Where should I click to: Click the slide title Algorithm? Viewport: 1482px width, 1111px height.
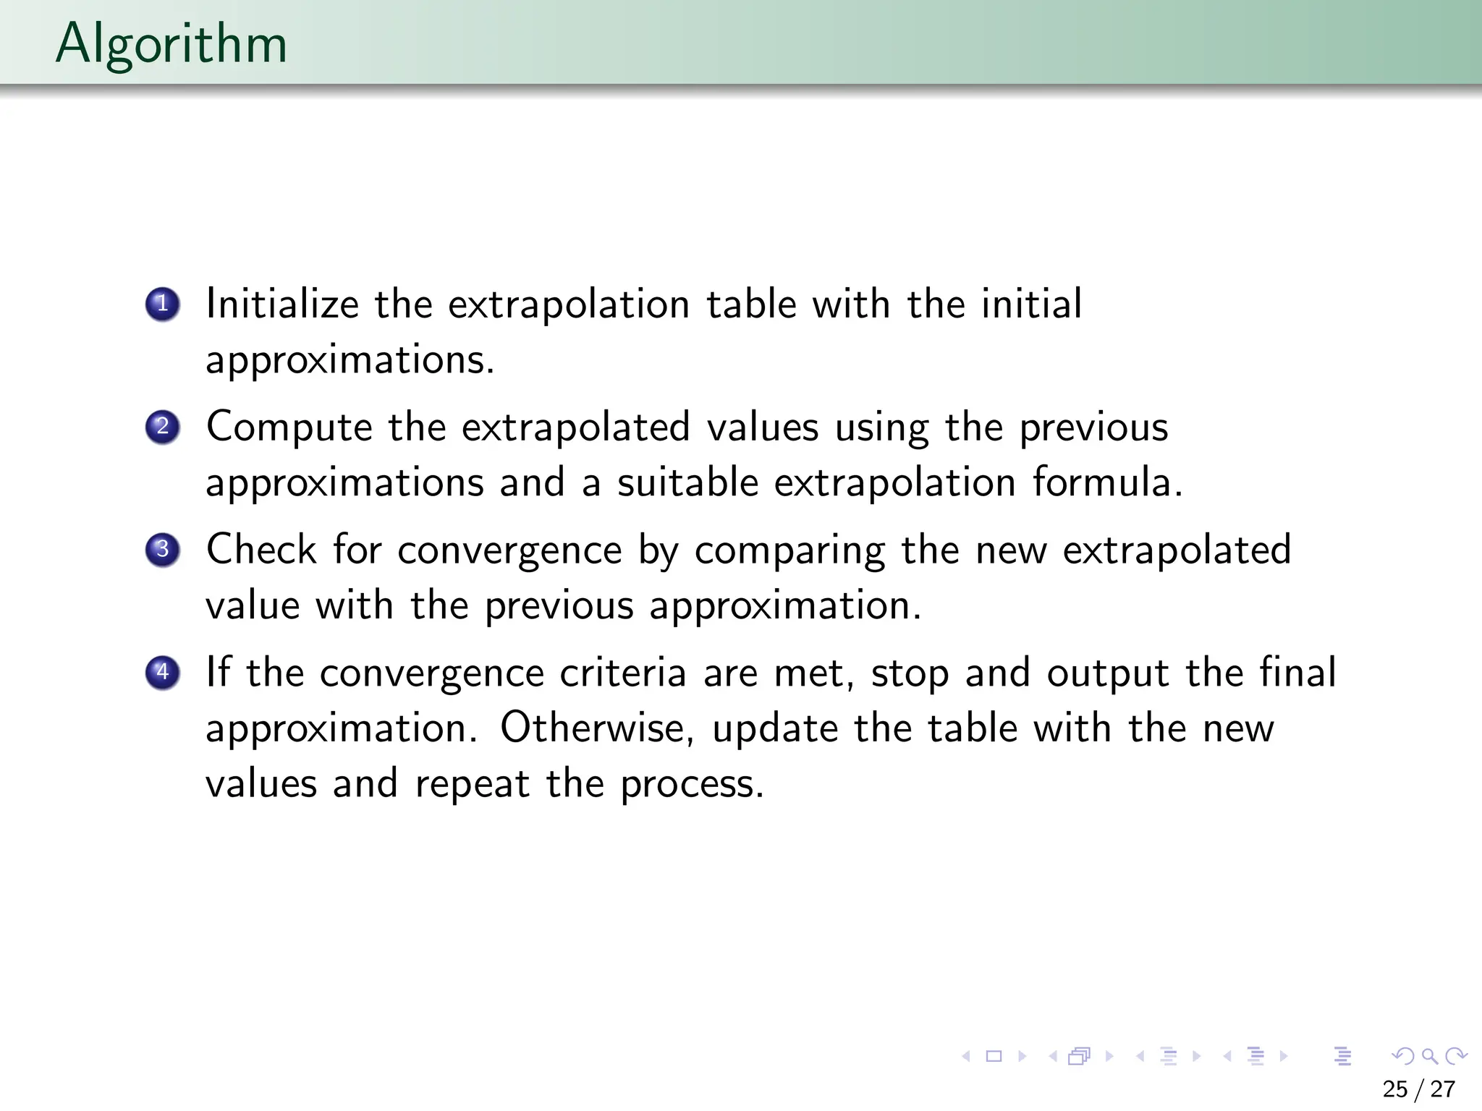coord(172,43)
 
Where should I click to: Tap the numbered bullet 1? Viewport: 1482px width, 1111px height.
coord(162,304)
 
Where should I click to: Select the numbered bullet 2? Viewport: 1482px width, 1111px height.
coord(162,427)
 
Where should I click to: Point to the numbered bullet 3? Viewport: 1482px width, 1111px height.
coord(162,550)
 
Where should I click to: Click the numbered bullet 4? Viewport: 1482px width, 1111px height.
coord(162,673)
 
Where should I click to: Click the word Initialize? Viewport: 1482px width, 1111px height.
coord(282,304)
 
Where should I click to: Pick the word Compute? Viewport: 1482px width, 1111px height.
coord(289,427)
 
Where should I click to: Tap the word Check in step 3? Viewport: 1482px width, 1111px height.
coord(261,550)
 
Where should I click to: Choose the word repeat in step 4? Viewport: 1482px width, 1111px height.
coord(473,784)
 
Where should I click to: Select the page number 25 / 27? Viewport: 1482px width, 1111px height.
coord(1418,1089)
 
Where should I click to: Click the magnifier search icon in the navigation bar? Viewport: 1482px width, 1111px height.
coord(1429,1057)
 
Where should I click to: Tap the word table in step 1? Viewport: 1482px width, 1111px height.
coord(751,304)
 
